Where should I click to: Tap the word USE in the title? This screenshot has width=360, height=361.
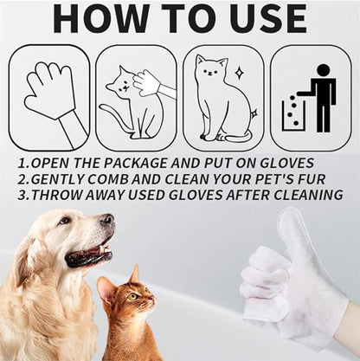pos(267,18)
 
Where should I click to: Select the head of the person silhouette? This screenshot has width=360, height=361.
pos(324,70)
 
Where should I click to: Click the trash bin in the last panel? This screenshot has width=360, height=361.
pos(293,115)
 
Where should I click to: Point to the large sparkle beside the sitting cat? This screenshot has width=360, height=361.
pos(239,73)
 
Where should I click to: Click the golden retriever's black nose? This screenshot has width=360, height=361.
pos(107,220)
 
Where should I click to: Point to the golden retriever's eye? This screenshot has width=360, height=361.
pos(65,221)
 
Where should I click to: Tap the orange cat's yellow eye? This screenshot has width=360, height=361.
pos(133,296)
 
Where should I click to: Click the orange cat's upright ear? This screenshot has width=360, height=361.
pos(135,274)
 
